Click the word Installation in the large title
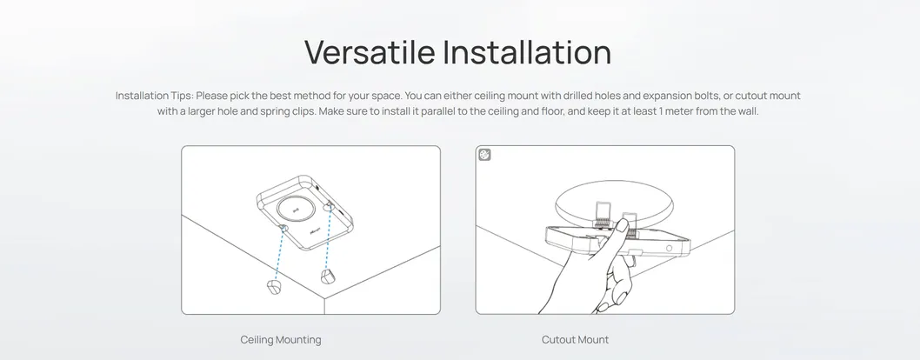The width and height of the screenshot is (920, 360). (x=526, y=52)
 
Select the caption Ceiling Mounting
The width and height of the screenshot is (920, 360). (x=281, y=340)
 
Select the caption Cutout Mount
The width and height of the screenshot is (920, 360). (x=575, y=340)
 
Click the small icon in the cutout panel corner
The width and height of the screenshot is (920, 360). (x=485, y=155)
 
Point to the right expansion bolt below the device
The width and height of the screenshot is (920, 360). (x=327, y=277)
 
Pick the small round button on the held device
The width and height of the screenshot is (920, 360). (x=669, y=248)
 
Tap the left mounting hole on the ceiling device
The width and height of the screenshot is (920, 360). (x=283, y=228)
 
